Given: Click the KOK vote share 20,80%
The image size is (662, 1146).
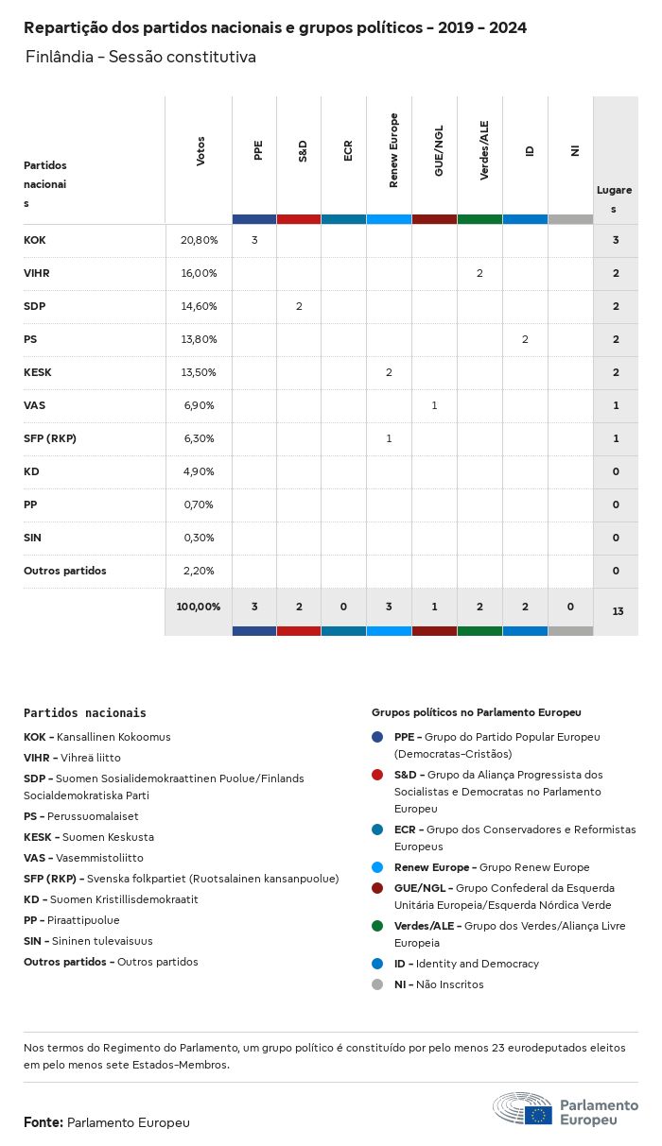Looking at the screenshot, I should click(199, 240).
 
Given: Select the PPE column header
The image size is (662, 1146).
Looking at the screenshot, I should click(257, 151).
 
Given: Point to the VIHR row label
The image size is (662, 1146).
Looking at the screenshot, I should click(36, 273).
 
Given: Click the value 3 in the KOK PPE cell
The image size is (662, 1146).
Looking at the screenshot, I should click(254, 240).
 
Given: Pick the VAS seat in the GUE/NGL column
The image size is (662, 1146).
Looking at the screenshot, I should click(434, 405).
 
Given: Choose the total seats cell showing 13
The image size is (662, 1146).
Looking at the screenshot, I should click(617, 611).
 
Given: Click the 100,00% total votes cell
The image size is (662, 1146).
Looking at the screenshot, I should click(199, 606).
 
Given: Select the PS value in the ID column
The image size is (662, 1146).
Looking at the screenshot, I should click(525, 339).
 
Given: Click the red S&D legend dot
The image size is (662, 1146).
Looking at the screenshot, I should click(377, 775).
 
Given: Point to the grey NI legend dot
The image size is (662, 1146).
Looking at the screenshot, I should click(377, 984).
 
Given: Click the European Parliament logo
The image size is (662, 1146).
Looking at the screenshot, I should click(566, 1111).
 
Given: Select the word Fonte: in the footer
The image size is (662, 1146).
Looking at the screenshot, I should click(44, 1122).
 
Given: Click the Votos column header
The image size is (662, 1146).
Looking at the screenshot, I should click(200, 151).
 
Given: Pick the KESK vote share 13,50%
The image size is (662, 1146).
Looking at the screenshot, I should click(199, 372).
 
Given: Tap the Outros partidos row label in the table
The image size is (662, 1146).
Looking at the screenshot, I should click(65, 571).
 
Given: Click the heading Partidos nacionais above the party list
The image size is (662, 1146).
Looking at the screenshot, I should click(85, 713).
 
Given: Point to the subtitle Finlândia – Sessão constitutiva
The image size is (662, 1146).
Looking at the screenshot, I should click(141, 58).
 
